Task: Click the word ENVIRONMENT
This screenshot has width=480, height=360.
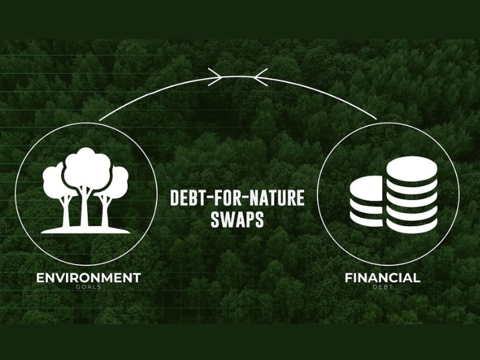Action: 88,278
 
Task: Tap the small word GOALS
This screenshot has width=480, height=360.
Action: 88,287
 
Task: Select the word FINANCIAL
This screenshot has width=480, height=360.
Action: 382,278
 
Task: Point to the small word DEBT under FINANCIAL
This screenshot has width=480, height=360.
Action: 383,287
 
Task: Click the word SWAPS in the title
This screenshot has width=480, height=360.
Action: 237,218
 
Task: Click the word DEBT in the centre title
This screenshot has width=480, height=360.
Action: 187,198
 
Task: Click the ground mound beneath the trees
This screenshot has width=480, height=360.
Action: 85,230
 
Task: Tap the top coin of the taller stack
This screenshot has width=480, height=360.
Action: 412,169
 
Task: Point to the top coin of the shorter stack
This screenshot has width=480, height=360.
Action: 366,189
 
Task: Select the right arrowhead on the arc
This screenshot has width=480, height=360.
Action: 260,77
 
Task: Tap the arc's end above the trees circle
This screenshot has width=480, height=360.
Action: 100,121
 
